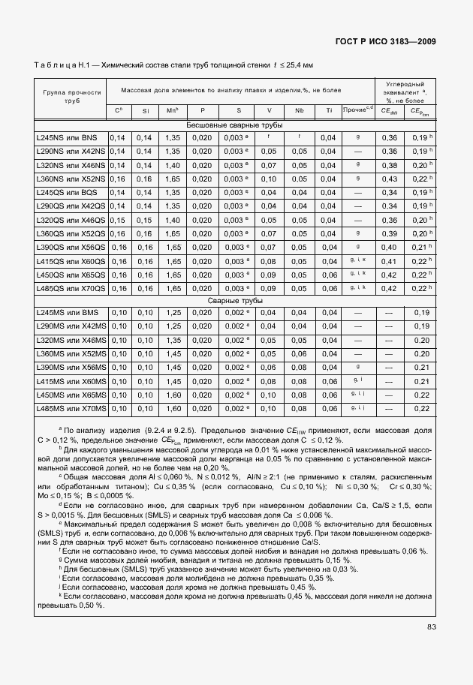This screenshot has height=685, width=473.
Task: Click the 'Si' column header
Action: [x=145, y=111]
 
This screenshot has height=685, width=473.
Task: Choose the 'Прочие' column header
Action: [x=357, y=110]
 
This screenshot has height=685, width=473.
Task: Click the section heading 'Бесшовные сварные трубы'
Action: [x=234, y=125]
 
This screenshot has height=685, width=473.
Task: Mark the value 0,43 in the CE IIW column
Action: [x=389, y=179]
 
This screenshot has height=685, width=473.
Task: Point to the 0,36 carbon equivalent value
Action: [x=389, y=138]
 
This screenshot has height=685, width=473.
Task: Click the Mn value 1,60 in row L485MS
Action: [x=173, y=408]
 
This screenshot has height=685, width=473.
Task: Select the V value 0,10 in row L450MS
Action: [x=268, y=395]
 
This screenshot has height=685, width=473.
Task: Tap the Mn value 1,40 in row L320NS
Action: [x=173, y=165]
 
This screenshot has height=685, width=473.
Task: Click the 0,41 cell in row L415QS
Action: [x=389, y=261]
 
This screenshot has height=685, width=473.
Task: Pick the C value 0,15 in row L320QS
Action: [x=118, y=220]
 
